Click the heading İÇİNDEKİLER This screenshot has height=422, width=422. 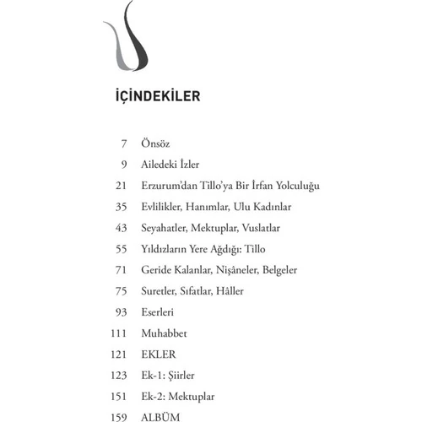pos(157,95)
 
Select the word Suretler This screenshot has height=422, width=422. pos(160,291)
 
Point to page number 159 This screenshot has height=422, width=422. pos(116,415)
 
